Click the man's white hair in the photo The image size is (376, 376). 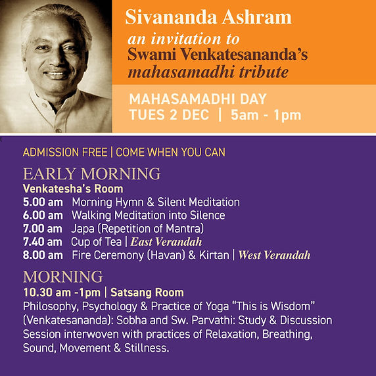[x=53, y=20]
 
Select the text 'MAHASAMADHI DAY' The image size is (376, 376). [x=198, y=100]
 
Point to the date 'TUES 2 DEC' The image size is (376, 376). [x=169, y=116]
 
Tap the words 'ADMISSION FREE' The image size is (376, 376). [x=64, y=153]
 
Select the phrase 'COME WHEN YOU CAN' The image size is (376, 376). [x=171, y=153]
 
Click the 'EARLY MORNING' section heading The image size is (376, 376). [x=91, y=174]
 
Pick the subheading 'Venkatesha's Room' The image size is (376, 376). [x=72, y=189]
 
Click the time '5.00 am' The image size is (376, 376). [x=43, y=202]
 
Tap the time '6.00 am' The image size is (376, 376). [x=43, y=216]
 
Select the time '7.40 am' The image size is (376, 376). [x=43, y=242]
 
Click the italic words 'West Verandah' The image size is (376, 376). [x=274, y=255]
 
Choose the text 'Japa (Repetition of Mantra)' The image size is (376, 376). [x=138, y=229]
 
